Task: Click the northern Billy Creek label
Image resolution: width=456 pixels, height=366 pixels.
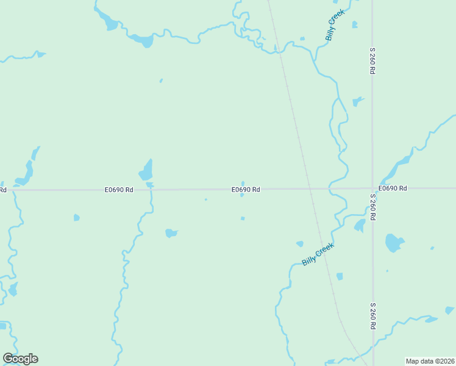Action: pos(335,25)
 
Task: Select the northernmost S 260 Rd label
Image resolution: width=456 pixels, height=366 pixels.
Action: pos(371,61)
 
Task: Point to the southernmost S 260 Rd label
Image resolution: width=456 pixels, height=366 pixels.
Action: pos(372,315)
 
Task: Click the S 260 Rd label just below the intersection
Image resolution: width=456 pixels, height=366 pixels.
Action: pos(372,207)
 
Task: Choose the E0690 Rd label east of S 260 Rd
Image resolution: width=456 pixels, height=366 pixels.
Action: pos(392,188)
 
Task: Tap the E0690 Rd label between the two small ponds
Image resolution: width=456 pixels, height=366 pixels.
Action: pos(246,190)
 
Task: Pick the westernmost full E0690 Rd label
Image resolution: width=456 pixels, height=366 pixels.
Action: pos(118,190)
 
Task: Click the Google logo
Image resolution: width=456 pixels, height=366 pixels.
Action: pos(21,359)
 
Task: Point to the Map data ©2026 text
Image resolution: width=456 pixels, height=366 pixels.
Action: pos(430,361)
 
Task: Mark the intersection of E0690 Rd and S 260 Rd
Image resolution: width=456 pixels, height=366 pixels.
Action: pos(372,188)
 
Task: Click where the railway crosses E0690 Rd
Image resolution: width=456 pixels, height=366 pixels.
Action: pos(308,188)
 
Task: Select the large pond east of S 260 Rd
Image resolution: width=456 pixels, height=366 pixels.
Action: pos(394,243)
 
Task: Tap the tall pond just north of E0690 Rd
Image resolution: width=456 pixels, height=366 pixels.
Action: pos(146,170)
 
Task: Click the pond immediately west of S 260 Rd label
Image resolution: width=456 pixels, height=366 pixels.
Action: pos(360,226)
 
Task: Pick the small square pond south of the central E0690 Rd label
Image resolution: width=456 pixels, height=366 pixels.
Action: pos(243,218)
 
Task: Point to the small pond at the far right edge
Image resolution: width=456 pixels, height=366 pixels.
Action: pos(449,310)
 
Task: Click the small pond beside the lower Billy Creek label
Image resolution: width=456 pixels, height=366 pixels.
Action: pos(300,243)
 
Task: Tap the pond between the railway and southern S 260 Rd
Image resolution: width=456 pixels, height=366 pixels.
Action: pos(340,276)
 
